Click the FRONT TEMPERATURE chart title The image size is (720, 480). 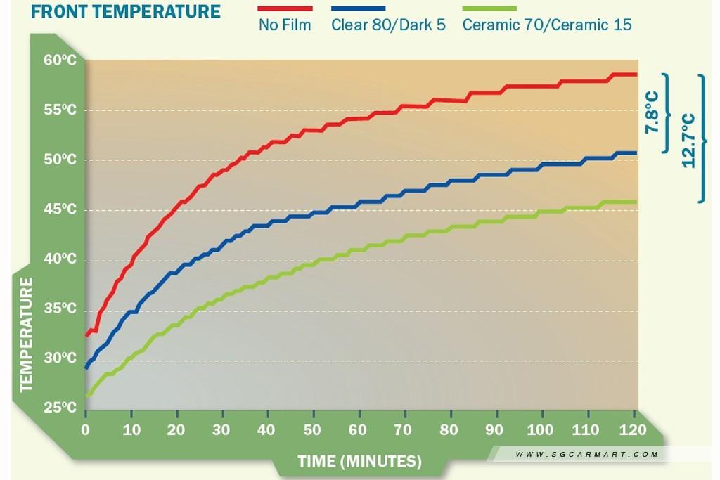click(x=126, y=12)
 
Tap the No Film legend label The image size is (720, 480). click(x=285, y=25)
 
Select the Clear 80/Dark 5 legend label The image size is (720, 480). click(x=388, y=25)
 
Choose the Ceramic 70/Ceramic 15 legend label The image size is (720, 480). click(x=547, y=25)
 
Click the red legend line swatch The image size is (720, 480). click(x=285, y=9)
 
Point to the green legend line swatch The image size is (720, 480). click(x=489, y=9)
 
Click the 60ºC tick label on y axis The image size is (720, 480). click(x=60, y=60)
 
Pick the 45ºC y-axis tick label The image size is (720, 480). click(x=60, y=209)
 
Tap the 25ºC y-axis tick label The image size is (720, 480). click(x=60, y=408)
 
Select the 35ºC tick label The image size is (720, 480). click(x=60, y=309)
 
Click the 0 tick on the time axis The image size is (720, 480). click(x=86, y=429)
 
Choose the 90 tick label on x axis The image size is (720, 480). click(x=496, y=429)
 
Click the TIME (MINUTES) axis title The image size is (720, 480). click(x=359, y=462)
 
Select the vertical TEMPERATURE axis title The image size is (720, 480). click(x=27, y=334)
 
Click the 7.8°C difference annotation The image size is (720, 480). click(x=652, y=113)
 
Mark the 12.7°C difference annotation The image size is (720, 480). click(x=688, y=140)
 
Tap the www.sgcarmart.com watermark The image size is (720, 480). click(x=586, y=454)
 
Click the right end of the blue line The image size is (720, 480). click(x=636, y=153)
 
